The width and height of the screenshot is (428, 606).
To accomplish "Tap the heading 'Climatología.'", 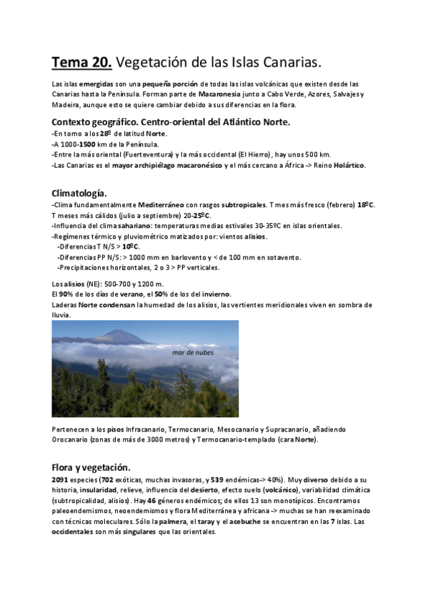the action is pyautogui.click(x=79, y=194).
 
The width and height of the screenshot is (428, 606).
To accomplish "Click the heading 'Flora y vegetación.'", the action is pyautogui.click(x=91, y=467).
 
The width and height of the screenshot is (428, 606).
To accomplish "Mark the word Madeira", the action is pyautogui.click(x=66, y=104).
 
